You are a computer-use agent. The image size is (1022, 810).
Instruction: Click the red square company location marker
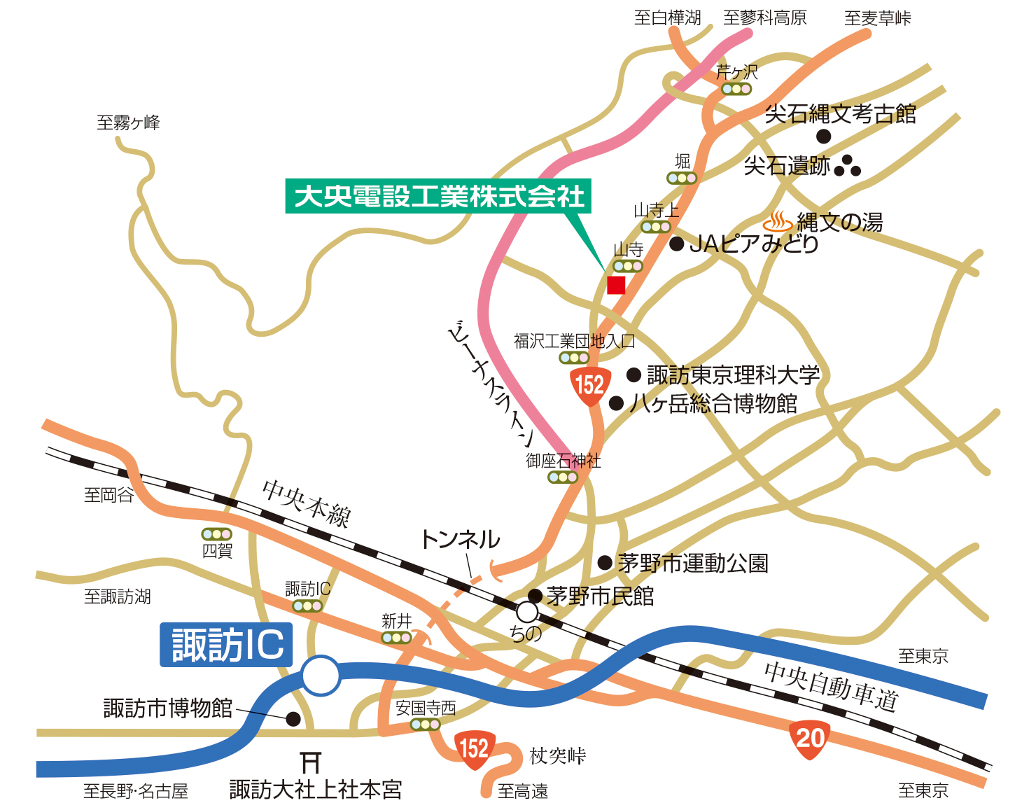[x=616, y=285]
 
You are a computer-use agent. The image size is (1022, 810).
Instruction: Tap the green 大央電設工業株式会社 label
[x=439, y=196]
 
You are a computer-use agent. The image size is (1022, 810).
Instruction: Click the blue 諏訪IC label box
[x=226, y=645]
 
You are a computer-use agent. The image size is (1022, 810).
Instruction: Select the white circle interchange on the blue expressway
[x=321, y=676]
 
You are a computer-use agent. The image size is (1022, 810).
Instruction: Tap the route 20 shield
[x=809, y=739]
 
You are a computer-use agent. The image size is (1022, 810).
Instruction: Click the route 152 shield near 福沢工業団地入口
[x=589, y=385]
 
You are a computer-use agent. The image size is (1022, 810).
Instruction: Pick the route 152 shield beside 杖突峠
[x=475, y=749]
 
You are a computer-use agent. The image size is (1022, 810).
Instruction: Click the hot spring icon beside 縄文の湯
[x=777, y=222]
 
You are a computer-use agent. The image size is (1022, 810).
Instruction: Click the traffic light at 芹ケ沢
[x=736, y=89]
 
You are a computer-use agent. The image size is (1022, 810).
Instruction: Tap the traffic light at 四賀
[x=216, y=535]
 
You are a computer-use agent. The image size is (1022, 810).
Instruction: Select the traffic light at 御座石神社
[x=563, y=477]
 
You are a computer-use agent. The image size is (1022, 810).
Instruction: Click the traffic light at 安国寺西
[x=425, y=725]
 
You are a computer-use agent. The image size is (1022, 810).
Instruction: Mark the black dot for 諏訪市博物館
[x=293, y=719]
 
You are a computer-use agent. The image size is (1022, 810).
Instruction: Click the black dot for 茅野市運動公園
[x=605, y=563]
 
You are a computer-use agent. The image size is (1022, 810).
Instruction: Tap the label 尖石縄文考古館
[x=840, y=113]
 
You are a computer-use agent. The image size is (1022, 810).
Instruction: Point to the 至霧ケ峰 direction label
[x=128, y=123]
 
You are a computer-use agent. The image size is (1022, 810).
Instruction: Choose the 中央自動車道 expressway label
[x=830, y=685]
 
